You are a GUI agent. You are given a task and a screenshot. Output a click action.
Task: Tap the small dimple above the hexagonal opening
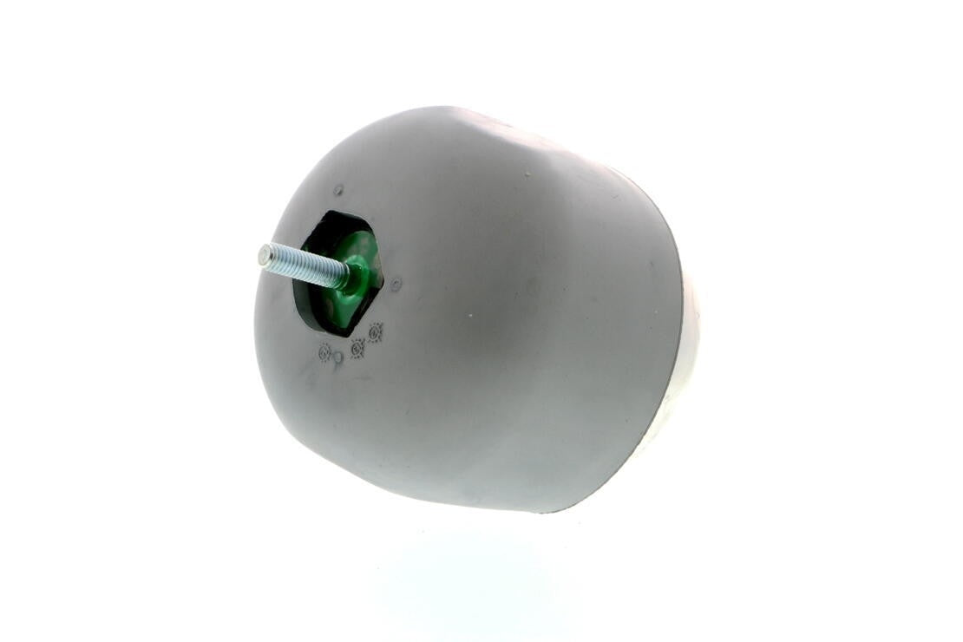tap(338, 190)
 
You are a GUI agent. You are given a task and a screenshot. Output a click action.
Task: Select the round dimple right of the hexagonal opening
tap(396, 284)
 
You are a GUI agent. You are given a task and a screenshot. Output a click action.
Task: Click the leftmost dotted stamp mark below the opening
tap(324, 352)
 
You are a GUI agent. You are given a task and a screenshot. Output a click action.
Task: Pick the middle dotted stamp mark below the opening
tap(357, 347)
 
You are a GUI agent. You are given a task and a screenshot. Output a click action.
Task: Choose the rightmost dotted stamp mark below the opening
tap(376, 331)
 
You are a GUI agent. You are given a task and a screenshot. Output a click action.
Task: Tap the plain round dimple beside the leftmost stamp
tap(337, 357)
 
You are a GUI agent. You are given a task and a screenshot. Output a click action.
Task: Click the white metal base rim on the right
tap(685, 364)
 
